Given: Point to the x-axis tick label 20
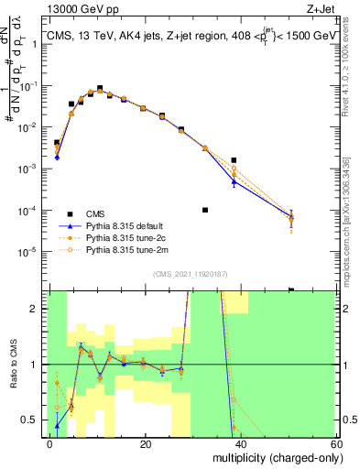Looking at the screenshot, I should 146,442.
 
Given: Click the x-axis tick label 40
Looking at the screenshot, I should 241,442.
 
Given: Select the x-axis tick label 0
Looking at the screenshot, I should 50,442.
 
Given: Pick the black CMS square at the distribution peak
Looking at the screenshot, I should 100,88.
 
